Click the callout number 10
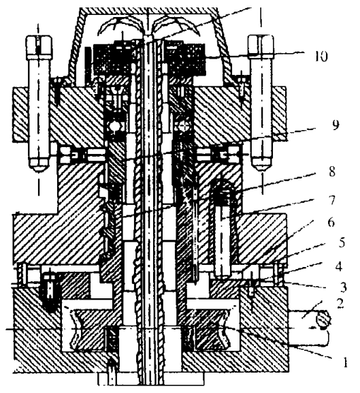(321, 56)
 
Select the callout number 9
(336, 125)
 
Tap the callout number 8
(331, 172)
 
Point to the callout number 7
(331, 200)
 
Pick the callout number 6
(331, 222)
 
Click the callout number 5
(342, 242)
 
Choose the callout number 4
(339, 266)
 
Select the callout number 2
(340, 304)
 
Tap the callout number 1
(345, 362)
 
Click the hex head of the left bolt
(39, 47)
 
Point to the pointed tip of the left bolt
(38, 171)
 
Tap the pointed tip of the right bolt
(262, 170)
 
